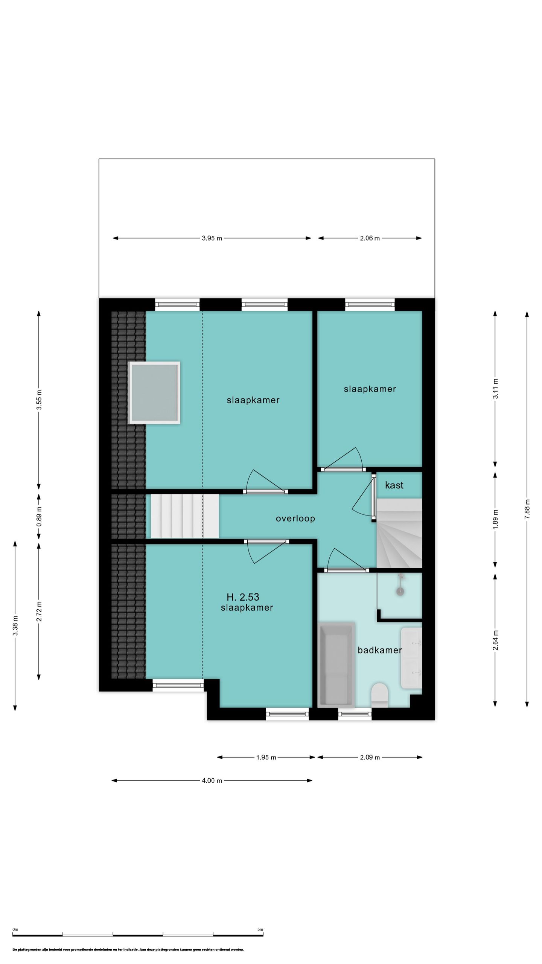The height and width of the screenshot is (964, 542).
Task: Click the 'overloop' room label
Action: click(295, 519)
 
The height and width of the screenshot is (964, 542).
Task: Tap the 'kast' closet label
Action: click(394, 485)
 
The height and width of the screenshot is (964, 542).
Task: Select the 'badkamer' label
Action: click(379, 650)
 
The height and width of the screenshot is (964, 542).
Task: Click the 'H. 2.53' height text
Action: click(243, 597)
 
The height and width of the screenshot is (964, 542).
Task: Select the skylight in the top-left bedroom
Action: click(154, 393)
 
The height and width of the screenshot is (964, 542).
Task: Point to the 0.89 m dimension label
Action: click(39, 517)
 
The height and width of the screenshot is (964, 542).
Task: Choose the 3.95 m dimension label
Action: click(212, 238)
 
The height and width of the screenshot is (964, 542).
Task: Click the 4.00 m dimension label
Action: click(212, 781)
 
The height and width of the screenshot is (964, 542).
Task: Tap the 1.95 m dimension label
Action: click(266, 757)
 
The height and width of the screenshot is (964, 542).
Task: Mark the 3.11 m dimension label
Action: click(495, 389)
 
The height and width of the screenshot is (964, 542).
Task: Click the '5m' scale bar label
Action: click(260, 929)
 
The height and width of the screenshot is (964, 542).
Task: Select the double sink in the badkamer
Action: click(411, 658)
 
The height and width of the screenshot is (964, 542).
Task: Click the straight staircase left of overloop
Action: click(185, 516)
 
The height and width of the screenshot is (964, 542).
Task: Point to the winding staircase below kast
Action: click(399, 533)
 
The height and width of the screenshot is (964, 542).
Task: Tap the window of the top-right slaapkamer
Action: click(370, 304)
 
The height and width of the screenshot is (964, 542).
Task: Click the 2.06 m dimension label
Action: click(370, 238)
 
